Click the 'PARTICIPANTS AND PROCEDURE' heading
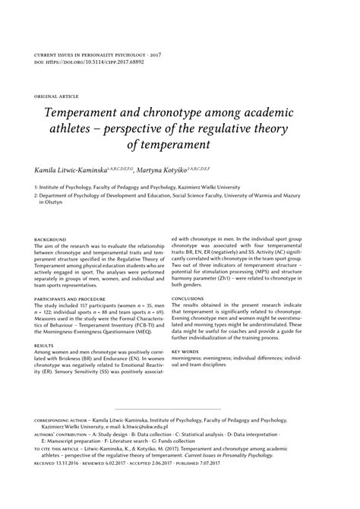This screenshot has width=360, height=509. click(x=73, y=299)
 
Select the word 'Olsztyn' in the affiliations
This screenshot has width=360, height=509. click(x=54, y=204)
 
